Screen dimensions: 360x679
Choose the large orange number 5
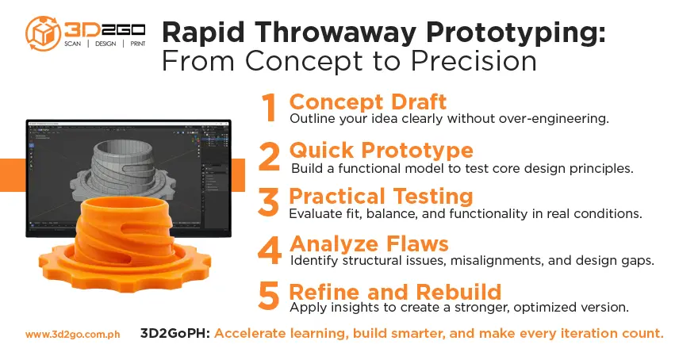tap(270, 296)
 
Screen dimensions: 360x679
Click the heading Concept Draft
tap(367, 102)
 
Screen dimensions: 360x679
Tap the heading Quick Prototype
tap(382, 150)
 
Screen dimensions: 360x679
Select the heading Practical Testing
tap(381, 197)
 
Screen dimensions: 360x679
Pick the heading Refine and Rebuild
tap(395, 289)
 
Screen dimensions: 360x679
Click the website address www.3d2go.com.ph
tap(72, 335)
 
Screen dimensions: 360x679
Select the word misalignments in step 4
tap(512, 260)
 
